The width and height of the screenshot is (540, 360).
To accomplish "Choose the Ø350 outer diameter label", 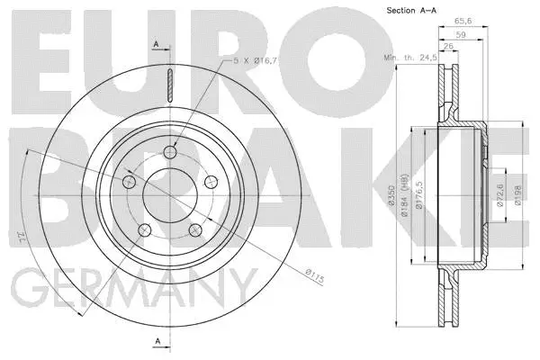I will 407,198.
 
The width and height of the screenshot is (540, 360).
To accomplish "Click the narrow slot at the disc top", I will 169,86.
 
